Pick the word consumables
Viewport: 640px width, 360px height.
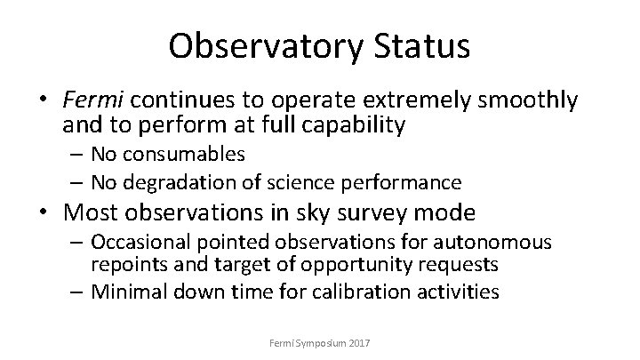194,155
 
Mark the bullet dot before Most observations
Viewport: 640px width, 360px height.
74,214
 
